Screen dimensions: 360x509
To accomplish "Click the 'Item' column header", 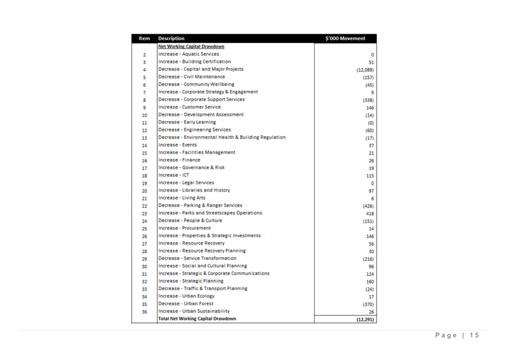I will (x=144, y=38).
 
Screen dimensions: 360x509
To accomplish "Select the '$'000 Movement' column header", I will (x=345, y=38).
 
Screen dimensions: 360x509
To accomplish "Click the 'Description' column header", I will (x=171, y=38).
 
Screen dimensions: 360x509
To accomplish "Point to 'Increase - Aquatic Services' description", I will (x=189, y=54).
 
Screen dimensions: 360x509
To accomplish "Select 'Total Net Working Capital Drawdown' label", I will (x=197, y=318).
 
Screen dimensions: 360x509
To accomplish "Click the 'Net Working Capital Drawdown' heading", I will (x=191, y=46).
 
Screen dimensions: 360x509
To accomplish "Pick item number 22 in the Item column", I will (x=144, y=206).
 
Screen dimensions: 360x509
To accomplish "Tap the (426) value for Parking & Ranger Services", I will (x=368, y=206).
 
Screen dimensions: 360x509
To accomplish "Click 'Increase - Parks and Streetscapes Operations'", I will (x=210, y=213).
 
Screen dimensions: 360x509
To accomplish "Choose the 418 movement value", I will (x=369, y=213).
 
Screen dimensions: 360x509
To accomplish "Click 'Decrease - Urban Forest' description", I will (x=185, y=303).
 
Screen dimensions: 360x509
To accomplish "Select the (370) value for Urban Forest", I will (x=368, y=304).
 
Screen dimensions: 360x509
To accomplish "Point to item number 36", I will (x=144, y=312).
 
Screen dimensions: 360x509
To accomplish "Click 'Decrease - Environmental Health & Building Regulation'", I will (x=222, y=137).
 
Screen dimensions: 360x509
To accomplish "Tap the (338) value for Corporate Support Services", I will (x=368, y=100).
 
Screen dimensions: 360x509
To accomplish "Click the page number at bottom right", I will (x=457, y=335).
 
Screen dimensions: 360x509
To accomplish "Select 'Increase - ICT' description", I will (x=174, y=175).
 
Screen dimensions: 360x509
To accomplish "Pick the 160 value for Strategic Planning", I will (x=370, y=282).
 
